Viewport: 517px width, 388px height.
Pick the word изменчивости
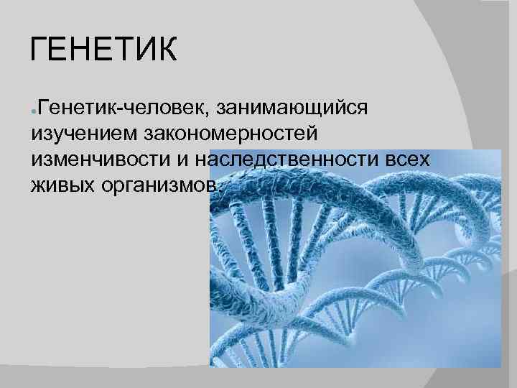tap(98, 160)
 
